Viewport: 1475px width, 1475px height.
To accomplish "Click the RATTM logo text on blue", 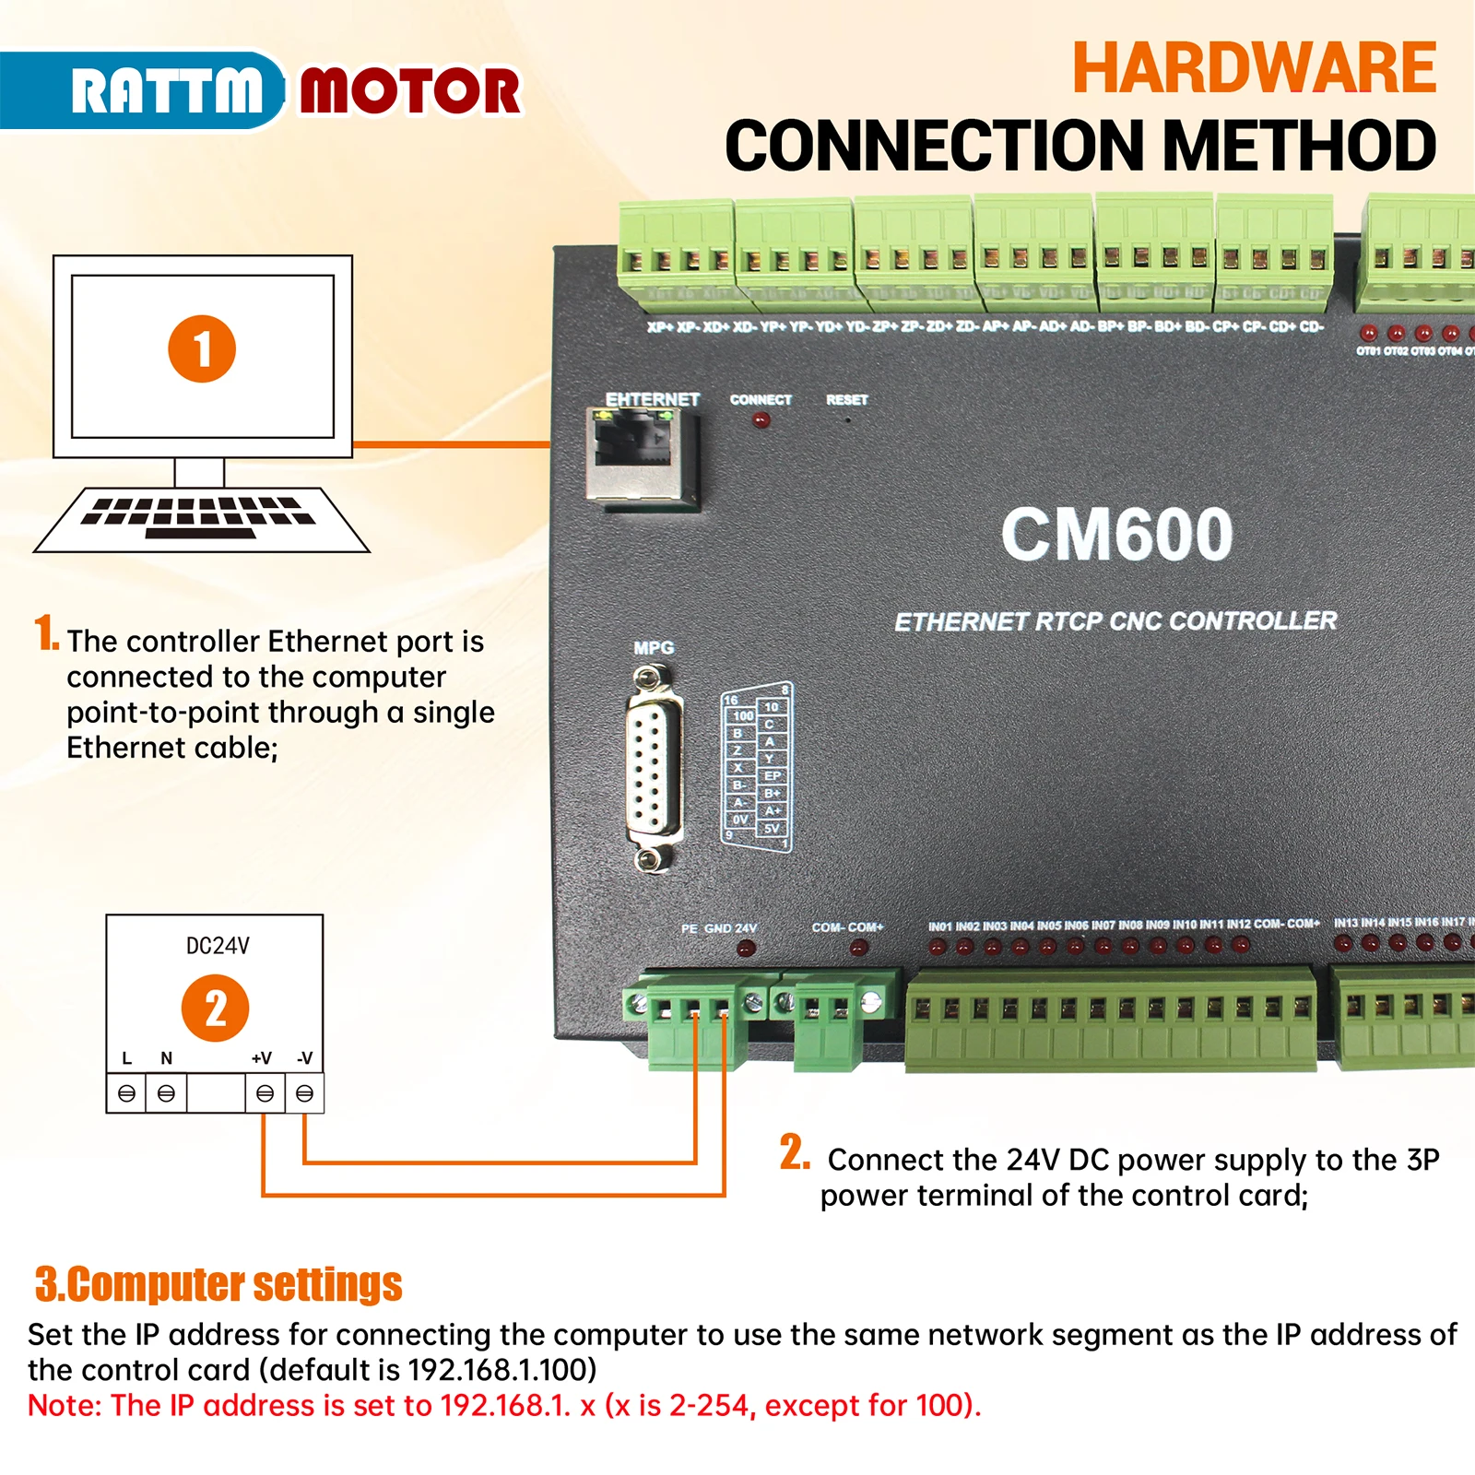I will tap(167, 90).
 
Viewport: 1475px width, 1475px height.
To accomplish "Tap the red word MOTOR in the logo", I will tap(409, 91).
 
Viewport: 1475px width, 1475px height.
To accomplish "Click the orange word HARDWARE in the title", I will tap(1254, 68).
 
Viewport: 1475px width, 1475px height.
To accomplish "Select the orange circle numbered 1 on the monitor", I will tap(202, 349).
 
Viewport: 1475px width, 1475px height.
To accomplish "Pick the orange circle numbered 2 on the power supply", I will tap(215, 1008).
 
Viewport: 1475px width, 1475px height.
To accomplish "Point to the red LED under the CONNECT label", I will tap(761, 421).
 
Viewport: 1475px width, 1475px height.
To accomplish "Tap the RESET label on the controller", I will tap(846, 400).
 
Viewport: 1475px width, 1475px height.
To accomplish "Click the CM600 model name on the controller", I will tap(1116, 535).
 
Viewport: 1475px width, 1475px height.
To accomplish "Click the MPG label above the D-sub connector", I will tap(654, 648).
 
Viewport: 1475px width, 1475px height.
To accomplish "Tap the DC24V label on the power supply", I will tap(218, 946).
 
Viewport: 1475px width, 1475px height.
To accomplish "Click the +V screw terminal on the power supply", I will tap(265, 1094).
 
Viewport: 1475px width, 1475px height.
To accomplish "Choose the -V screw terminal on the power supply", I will tap(304, 1094).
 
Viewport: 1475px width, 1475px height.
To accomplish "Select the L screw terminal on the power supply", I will tap(127, 1094).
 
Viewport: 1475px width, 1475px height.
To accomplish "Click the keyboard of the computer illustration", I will tap(201, 518).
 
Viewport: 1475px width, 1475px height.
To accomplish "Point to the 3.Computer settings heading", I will tap(218, 1284).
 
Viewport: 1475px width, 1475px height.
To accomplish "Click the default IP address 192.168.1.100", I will tap(501, 1370).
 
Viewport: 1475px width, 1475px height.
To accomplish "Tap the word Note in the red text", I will tap(64, 1406).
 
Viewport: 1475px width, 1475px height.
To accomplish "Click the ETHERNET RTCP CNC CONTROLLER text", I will tap(1115, 621).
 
